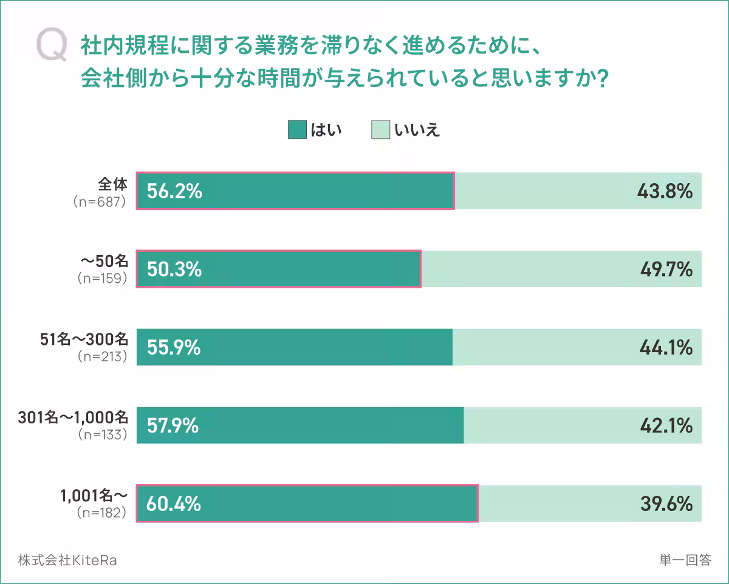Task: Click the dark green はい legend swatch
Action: coord(297,130)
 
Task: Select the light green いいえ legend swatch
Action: coord(380,130)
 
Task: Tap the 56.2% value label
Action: coord(174,192)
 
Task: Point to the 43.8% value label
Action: coord(665,192)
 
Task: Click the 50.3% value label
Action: coord(174,269)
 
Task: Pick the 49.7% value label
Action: coord(666,269)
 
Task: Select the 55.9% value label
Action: coord(174,347)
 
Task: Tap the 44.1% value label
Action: coord(666,347)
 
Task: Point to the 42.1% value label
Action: coord(666,425)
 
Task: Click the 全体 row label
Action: coord(113,184)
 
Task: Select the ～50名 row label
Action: coord(104,262)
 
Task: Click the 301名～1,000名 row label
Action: coord(73,417)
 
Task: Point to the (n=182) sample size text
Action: coord(102,513)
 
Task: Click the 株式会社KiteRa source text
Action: coord(67,560)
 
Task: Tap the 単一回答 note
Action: coord(685,560)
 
